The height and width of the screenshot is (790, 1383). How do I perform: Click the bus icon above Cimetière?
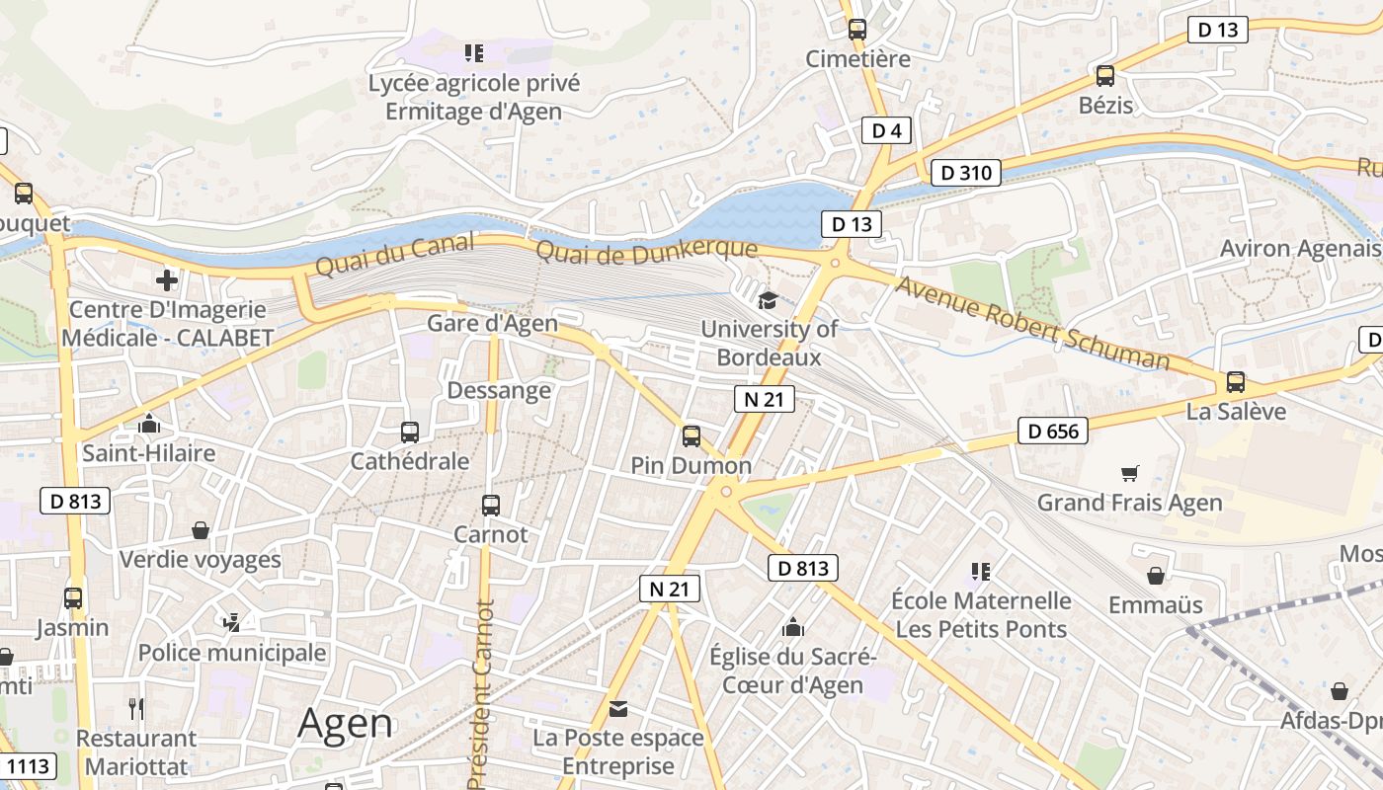pyautogui.click(x=856, y=30)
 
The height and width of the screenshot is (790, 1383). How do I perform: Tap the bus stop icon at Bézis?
pyautogui.click(x=1105, y=75)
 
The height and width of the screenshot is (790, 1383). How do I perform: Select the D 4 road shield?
pyautogui.click(x=885, y=130)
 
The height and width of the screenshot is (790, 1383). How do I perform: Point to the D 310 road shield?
pyautogui.click(x=966, y=173)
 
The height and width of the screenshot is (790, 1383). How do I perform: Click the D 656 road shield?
pyautogui.click(x=1052, y=431)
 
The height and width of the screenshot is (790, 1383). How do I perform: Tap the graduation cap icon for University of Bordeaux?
pyautogui.click(x=768, y=300)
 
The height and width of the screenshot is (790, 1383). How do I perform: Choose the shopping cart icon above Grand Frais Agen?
pyautogui.click(x=1130, y=473)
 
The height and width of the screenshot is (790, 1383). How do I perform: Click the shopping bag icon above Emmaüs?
pyautogui.click(x=1156, y=575)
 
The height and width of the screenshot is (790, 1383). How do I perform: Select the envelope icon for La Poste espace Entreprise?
pyautogui.click(x=618, y=708)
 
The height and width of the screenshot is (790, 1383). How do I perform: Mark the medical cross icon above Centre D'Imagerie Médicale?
pyautogui.click(x=167, y=280)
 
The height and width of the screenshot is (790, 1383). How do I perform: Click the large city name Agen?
pyautogui.click(x=345, y=723)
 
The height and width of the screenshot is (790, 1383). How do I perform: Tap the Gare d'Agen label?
pyautogui.click(x=492, y=323)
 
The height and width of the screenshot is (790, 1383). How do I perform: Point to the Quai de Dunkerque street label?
pyautogui.click(x=646, y=252)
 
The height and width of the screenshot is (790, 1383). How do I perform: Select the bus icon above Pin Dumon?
pyautogui.click(x=691, y=435)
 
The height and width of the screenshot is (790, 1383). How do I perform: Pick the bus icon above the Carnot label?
pyautogui.click(x=490, y=506)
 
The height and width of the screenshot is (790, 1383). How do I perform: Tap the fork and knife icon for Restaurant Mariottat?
pyautogui.click(x=137, y=708)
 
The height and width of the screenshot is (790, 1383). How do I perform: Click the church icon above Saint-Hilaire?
pyautogui.click(x=149, y=424)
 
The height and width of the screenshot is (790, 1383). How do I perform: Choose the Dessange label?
pyautogui.click(x=499, y=390)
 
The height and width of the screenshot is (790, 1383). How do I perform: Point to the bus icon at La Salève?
pyautogui.click(x=1235, y=382)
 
